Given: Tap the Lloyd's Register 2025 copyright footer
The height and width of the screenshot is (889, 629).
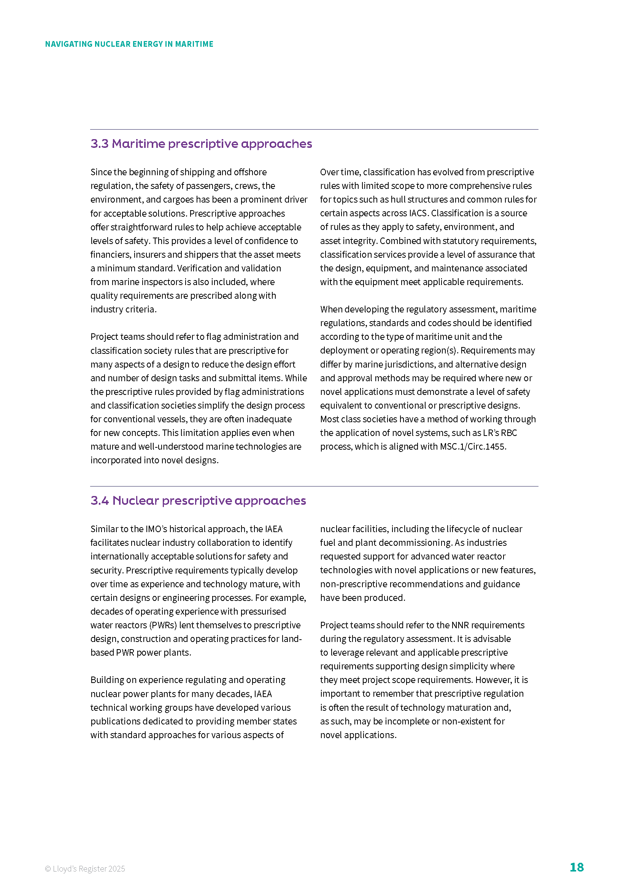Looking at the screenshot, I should pyautogui.click(x=85, y=868).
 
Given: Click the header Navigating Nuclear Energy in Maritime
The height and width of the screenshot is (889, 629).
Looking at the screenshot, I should pyautogui.click(x=129, y=44).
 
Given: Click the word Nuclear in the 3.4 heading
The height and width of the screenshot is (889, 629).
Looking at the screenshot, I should pyautogui.click(x=135, y=501).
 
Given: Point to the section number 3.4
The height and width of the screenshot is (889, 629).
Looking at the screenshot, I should pyautogui.click(x=100, y=501).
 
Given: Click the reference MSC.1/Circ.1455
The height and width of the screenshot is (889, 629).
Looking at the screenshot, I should pyautogui.click(x=473, y=447).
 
